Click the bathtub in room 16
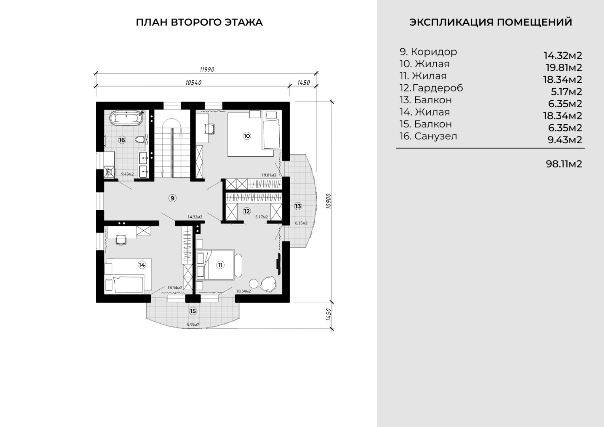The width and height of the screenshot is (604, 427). coord(127,118)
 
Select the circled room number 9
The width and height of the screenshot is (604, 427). coord(172,198)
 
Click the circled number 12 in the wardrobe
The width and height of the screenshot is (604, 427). coord(247,211)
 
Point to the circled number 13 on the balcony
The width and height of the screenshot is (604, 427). coord(298,206)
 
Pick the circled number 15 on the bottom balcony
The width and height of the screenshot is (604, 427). coord(193,311)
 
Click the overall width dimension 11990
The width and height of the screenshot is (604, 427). coord(207,70)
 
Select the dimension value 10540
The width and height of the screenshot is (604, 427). coord(193,83)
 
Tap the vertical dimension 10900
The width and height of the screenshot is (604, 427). coord(328,201)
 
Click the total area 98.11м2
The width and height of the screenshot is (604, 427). coord(564,164)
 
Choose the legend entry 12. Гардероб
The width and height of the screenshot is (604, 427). coord(431,88)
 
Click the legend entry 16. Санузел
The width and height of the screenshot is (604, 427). coord(428,136)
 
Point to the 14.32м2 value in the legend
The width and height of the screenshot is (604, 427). coord(563,55)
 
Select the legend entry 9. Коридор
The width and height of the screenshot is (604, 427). coord(428,52)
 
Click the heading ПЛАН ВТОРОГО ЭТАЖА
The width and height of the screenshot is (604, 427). coord(199,23)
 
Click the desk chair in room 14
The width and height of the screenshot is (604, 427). coord(121,240)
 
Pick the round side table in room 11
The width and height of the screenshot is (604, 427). coord(254,283)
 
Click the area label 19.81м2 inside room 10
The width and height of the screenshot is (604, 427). coord(269,175)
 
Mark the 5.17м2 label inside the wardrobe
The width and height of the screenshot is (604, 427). coord(261,217)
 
